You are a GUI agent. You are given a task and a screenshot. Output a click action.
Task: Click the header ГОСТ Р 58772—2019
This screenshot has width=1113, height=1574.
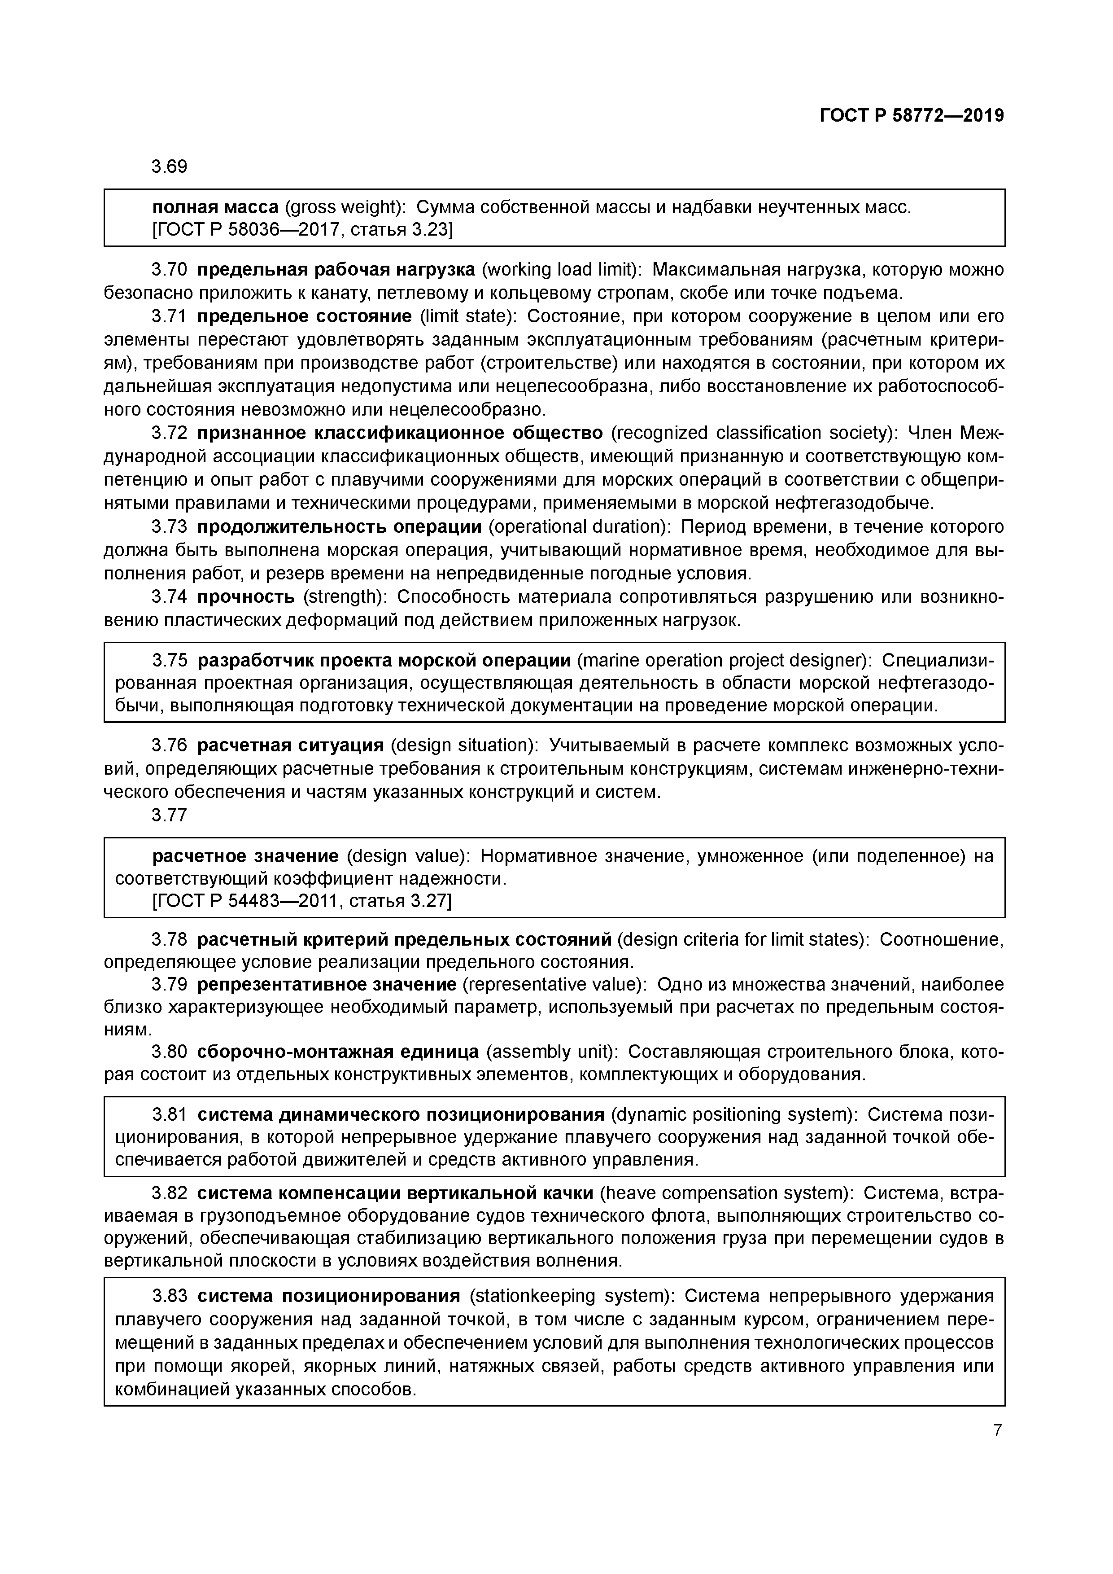pyautogui.click(x=912, y=116)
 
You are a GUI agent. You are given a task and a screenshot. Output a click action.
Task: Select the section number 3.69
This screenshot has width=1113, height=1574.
pyautogui.click(x=169, y=167)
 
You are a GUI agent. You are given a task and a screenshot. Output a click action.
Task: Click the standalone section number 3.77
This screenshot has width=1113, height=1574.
pyautogui.click(x=169, y=815)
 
